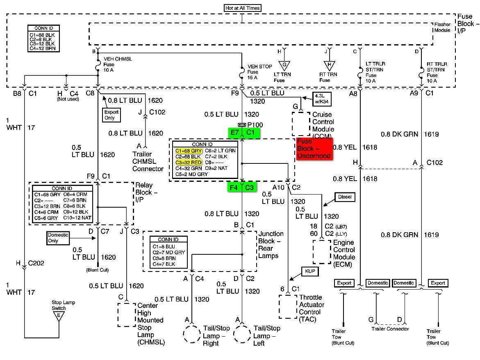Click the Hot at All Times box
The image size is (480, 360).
(x=243, y=8)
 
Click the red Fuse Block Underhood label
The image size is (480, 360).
(x=314, y=147)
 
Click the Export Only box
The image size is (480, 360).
(x=111, y=115)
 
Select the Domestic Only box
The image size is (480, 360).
(x=58, y=238)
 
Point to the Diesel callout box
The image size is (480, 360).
(x=345, y=197)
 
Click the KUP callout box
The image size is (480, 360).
(x=309, y=271)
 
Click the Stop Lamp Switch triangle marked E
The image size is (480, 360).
(x=59, y=316)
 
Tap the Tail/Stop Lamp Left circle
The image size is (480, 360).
(x=241, y=335)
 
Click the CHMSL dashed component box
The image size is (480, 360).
(x=126, y=315)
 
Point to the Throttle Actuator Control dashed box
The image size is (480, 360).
(x=287, y=306)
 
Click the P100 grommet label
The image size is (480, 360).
(x=255, y=125)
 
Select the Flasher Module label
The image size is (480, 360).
(x=442, y=27)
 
